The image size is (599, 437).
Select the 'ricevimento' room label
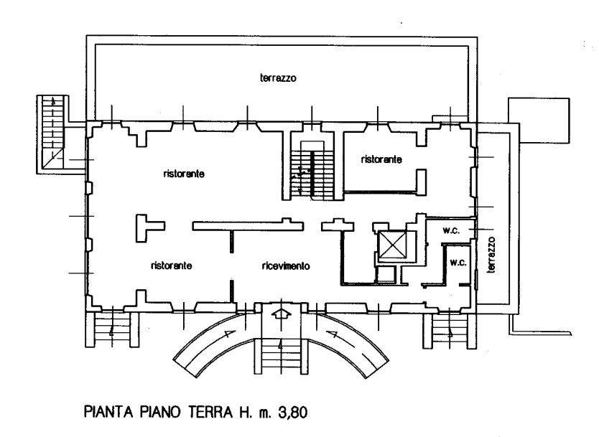tap(286, 266)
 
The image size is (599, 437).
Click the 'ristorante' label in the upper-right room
tap(381, 159)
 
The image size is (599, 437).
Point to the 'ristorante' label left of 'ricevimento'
tap(171, 266)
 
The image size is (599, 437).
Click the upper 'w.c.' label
tap(451, 230)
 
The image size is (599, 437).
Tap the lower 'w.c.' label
tap(458, 263)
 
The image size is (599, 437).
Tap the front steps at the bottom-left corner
tap(111, 329)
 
